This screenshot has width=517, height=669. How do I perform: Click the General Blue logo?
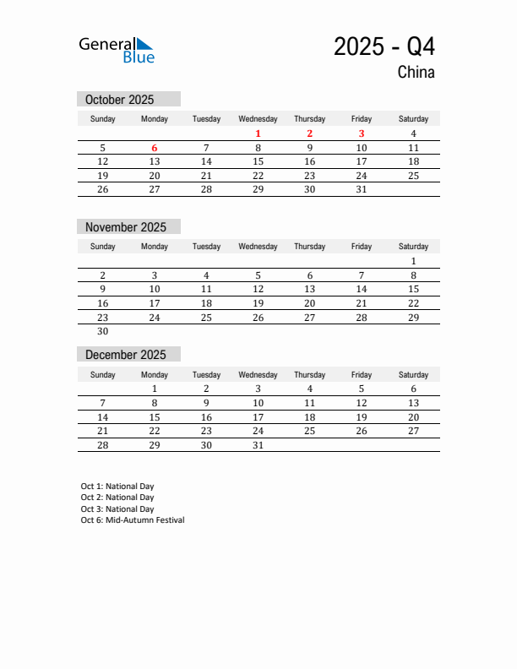click(x=117, y=50)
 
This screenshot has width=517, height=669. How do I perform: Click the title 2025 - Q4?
click(x=384, y=46)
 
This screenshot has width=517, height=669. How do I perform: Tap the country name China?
click(x=416, y=73)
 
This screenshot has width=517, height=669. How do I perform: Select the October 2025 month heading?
click(x=120, y=100)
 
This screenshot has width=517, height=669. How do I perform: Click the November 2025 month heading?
click(x=126, y=227)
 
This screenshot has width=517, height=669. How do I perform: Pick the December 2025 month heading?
click(x=126, y=355)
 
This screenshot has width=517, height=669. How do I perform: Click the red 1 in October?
click(x=258, y=133)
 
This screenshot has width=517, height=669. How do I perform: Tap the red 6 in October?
click(x=155, y=148)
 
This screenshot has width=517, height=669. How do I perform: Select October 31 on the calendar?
click(x=362, y=189)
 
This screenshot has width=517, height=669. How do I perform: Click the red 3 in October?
click(x=362, y=133)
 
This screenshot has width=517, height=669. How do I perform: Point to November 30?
click(x=103, y=332)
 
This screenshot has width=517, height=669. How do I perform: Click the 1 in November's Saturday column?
click(x=413, y=261)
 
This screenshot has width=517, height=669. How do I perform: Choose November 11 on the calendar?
click(x=206, y=289)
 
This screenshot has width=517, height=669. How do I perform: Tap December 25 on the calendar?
click(x=309, y=431)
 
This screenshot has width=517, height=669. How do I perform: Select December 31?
click(x=258, y=445)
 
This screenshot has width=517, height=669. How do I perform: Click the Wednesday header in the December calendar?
click(x=258, y=375)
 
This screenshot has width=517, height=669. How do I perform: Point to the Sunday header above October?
click(x=103, y=119)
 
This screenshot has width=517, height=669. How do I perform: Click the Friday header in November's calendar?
click(x=362, y=247)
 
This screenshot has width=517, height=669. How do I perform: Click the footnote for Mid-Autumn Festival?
click(x=133, y=520)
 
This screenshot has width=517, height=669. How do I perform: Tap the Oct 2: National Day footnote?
click(x=117, y=498)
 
